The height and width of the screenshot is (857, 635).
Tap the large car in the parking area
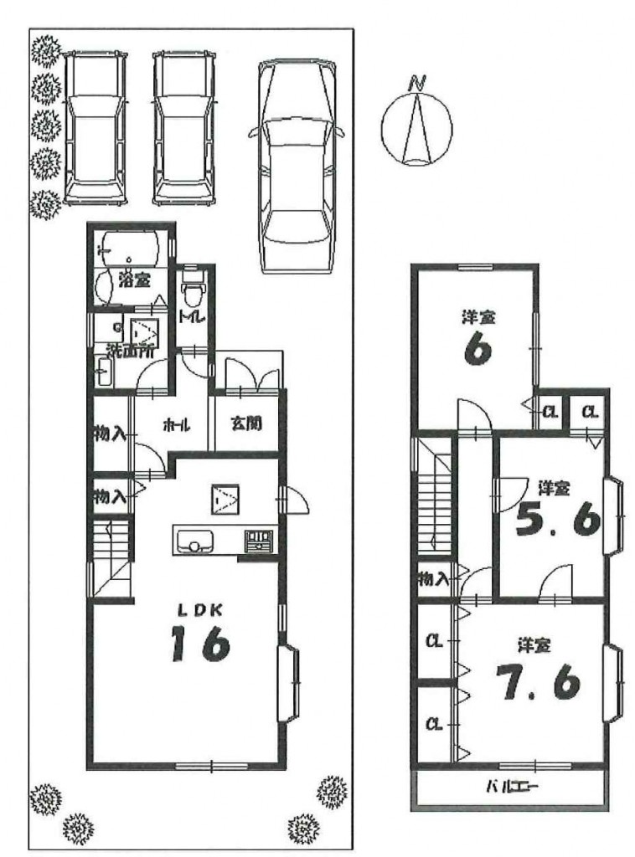(x=297, y=167)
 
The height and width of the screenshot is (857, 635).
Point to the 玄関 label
(x=246, y=423)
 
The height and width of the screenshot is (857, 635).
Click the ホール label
(x=176, y=424)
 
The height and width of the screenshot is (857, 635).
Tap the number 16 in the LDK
(x=199, y=644)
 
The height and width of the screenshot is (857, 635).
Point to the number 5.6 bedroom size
(x=557, y=521)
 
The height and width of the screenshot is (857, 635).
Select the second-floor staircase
(x=435, y=501)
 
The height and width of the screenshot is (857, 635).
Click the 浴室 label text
(x=133, y=281)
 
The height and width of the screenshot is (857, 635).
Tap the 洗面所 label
(x=130, y=350)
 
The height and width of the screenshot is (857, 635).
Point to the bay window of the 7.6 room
(x=613, y=684)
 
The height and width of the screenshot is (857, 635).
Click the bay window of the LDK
(x=289, y=684)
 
